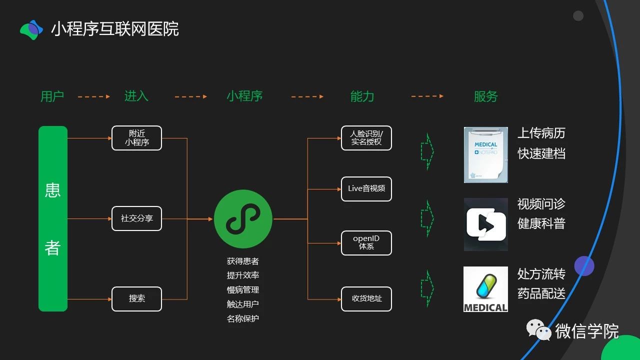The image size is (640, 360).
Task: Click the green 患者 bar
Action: point(53,218)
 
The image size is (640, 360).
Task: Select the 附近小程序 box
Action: point(136,138)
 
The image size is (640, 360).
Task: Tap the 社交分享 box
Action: point(136,218)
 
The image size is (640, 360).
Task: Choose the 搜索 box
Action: point(136,299)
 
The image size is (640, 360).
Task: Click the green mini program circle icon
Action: point(243,219)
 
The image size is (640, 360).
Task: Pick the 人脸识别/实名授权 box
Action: point(366,138)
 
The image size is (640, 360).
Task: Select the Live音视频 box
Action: point(366,189)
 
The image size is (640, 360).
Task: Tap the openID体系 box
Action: point(366,243)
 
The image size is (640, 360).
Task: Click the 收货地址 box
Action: point(366,299)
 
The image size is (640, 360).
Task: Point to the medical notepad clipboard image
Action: point(485,154)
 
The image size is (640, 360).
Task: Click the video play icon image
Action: point(485,224)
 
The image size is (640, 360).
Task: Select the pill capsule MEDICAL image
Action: point(485,289)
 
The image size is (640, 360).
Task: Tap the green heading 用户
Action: point(52,96)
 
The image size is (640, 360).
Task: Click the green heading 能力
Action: point(362,96)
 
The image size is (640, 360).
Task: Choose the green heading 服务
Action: point(485,96)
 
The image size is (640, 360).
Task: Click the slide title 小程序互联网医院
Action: point(115,29)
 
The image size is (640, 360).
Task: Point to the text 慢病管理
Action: point(243,290)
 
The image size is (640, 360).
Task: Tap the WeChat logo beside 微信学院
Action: point(538,330)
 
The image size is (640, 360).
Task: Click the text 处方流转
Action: point(541,274)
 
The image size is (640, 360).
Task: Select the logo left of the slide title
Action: point(32,29)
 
